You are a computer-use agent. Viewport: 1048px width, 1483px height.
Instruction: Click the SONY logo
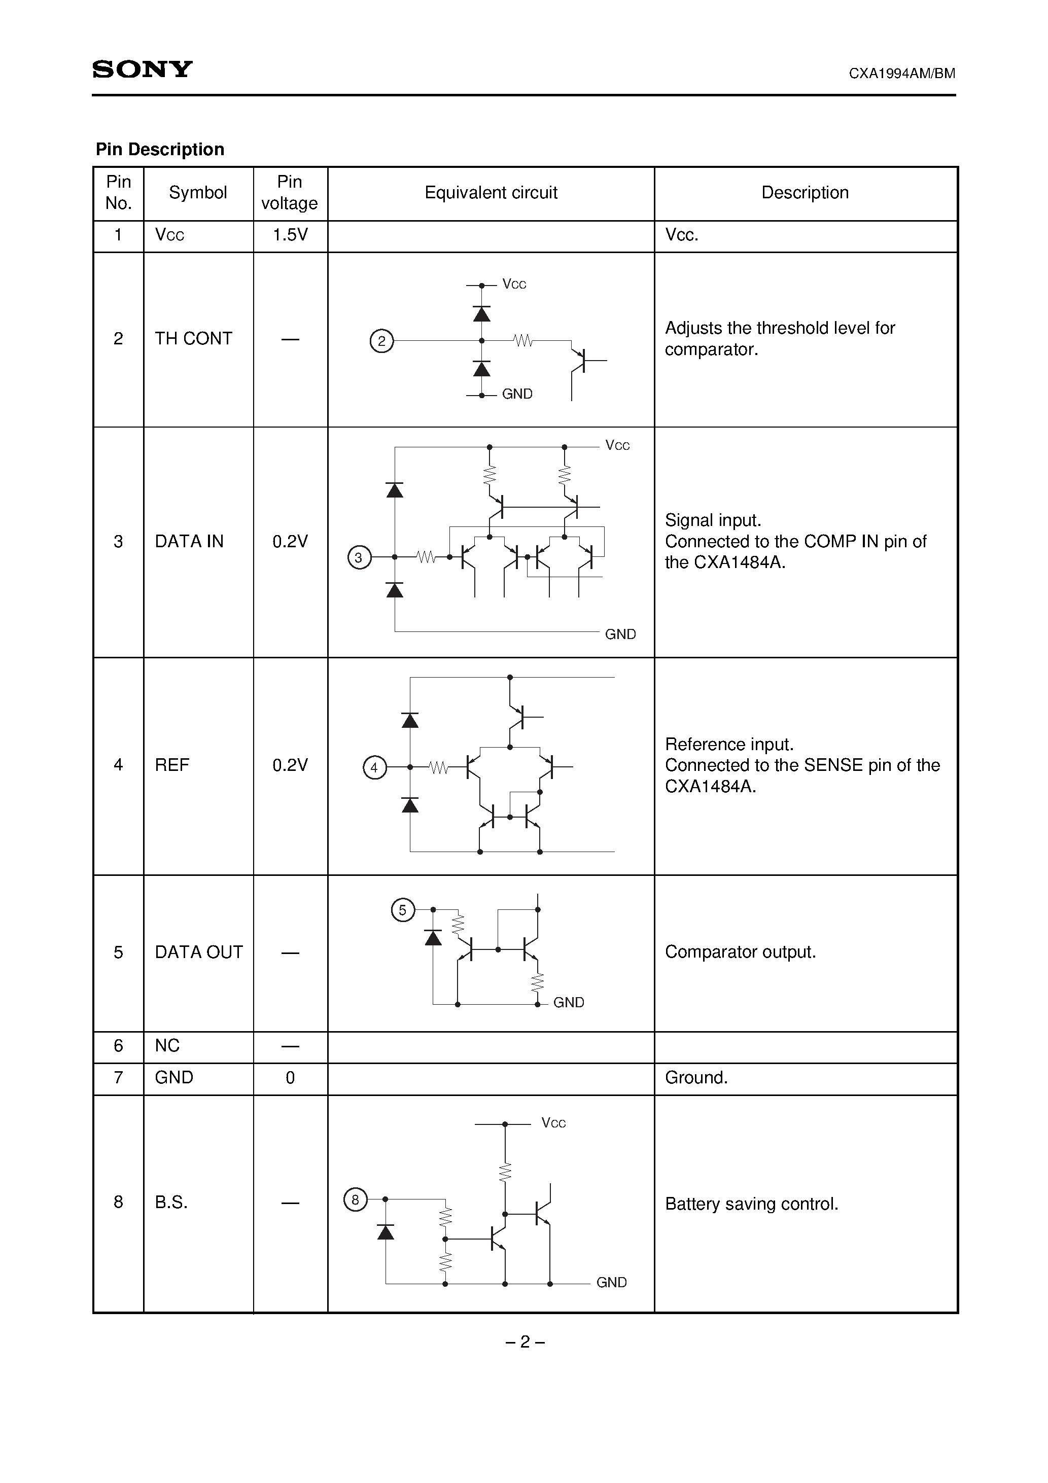pyautogui.click(x=142, y=69)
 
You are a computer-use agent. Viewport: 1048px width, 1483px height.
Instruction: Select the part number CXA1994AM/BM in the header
pyautogui.click(x=901, y=73)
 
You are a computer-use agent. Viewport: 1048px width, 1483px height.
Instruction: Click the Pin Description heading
pyautogui.click(x=160, y=149)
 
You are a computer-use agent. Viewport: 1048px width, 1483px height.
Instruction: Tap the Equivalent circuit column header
pyautogui.click(x=491, y=193)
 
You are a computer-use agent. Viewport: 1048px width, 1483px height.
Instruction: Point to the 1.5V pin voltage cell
pyautogui.click(x=290, y=235)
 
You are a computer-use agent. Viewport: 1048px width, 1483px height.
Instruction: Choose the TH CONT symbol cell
pyautogui.click(x=193, y=338)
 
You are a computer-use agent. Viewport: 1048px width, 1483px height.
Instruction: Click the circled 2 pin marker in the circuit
pyautogui.click(x=381, y=340)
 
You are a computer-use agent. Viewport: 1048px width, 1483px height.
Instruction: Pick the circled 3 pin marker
pyautogui.click(x=359, y=557)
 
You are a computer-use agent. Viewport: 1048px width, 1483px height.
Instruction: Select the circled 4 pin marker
pyautogui.click(x=374, y=767)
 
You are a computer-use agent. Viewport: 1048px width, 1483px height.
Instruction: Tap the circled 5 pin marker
pyautogui.click(x=403, y=910)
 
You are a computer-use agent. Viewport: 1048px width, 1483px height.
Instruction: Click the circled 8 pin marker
pyautogui.click(x=355, y=1200)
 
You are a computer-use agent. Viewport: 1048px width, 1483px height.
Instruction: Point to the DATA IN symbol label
pyautogui.click(x=189, y=541)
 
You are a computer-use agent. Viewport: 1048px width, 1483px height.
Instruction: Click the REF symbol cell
pyautogui.click(x=172, y=765)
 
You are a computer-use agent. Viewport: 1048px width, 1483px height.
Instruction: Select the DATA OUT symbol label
pyautogui.click(x=198, y=952)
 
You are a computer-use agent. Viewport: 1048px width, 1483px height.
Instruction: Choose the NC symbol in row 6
pyautogui.click(x=167, y=1046)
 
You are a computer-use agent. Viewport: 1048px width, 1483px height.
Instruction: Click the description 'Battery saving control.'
pyautogui.click(x=751, y=1204)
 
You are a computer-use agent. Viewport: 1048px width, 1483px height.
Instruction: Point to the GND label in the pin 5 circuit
pyautogui.click(x=569, y=1003)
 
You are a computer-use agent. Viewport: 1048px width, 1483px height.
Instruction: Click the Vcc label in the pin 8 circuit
pyautogui.click(x=553, y=1123)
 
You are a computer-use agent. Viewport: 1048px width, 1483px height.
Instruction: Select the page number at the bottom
pyautogui.click(x=525, y=1342)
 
